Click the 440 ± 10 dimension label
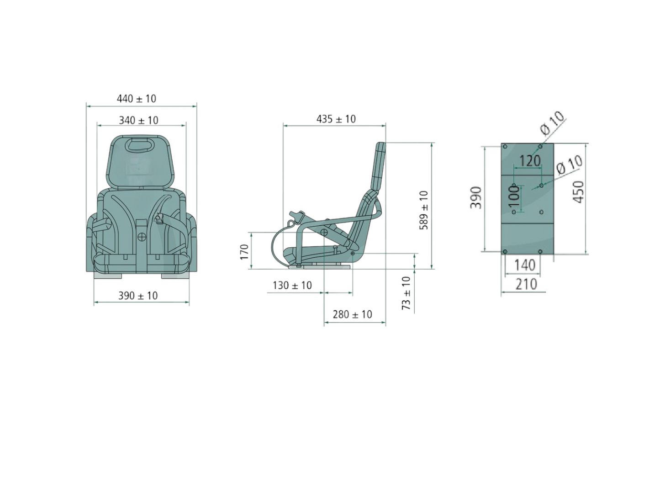point(136,99)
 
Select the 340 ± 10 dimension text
point(138,120)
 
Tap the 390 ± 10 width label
point(138,296)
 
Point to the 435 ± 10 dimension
point(336,119)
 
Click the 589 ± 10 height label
point(424,210)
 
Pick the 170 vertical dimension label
point(244,252)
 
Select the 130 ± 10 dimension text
point(292,285)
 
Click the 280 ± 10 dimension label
point(352,314)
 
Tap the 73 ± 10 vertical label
point(406,293)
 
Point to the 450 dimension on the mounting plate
point(578,192)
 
